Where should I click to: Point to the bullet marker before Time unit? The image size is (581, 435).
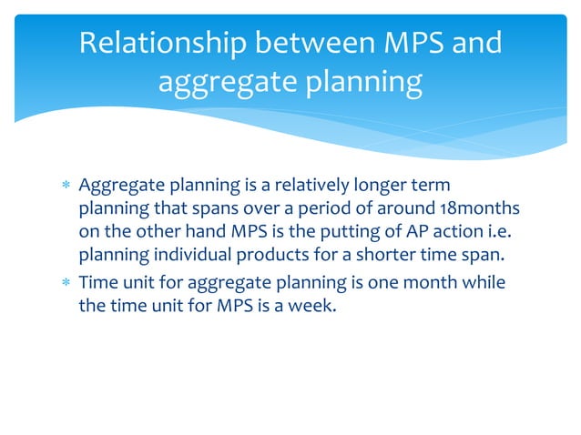click(x=64, y=284)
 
